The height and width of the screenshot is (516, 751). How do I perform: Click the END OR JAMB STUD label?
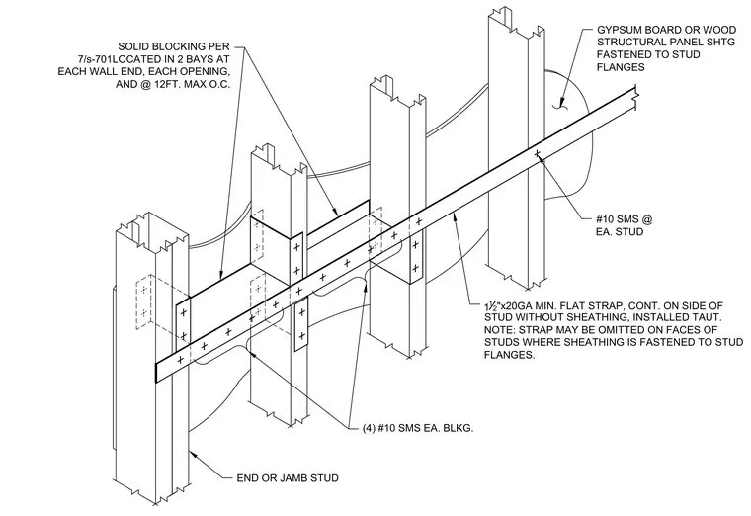click(x=288, y=478)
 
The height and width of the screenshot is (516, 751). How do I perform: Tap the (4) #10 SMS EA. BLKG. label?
click(x=418, y=428)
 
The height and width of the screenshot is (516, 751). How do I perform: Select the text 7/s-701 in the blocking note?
click(x=95, y=59)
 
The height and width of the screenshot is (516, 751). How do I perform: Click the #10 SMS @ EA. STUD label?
click(x=625, y=225)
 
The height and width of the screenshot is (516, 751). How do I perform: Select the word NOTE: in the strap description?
click(x=499, y=329)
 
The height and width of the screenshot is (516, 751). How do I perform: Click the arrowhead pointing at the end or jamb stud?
click(x=194, y=454)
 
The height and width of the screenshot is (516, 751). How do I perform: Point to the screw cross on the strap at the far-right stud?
click(x=538, y=153)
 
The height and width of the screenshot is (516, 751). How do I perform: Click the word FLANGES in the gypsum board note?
click(x=621, y=67)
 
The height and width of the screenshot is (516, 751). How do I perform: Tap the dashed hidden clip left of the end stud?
click(x=143, y=301)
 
